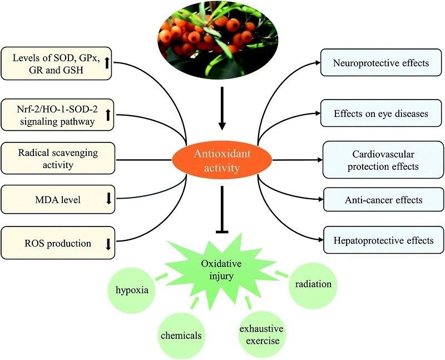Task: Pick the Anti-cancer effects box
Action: (x=383, y=199)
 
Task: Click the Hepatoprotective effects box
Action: (x=383, y=240)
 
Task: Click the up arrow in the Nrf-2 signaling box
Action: (x=107, y=114)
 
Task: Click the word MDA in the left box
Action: (x=47, y=199)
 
